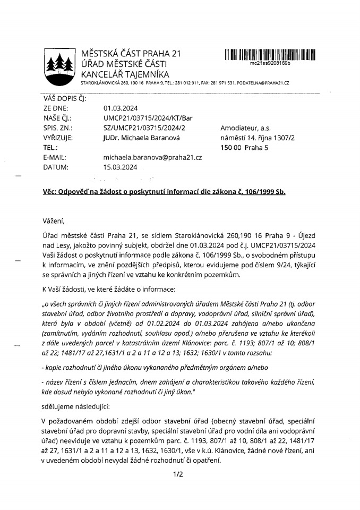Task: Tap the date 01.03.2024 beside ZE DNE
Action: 120,108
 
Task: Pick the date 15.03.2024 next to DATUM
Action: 120,167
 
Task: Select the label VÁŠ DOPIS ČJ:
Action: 64,98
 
